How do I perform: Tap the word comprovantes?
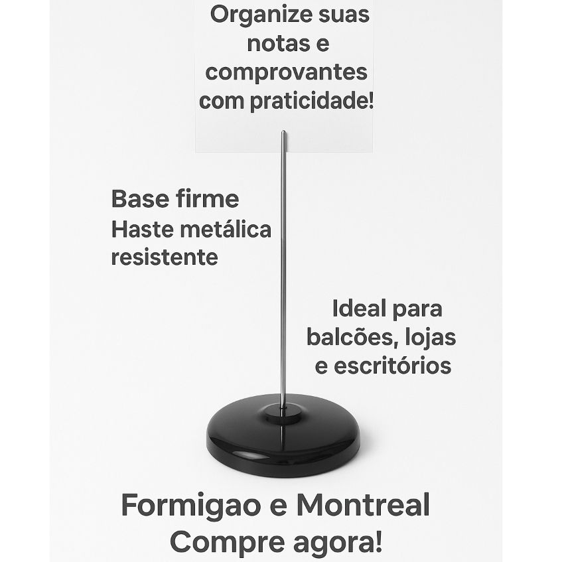(286, 72)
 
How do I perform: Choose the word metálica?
(226, 229)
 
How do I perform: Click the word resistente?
(164, 257)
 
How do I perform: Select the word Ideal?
(358, 309)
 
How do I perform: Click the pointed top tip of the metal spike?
(283, 133)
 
